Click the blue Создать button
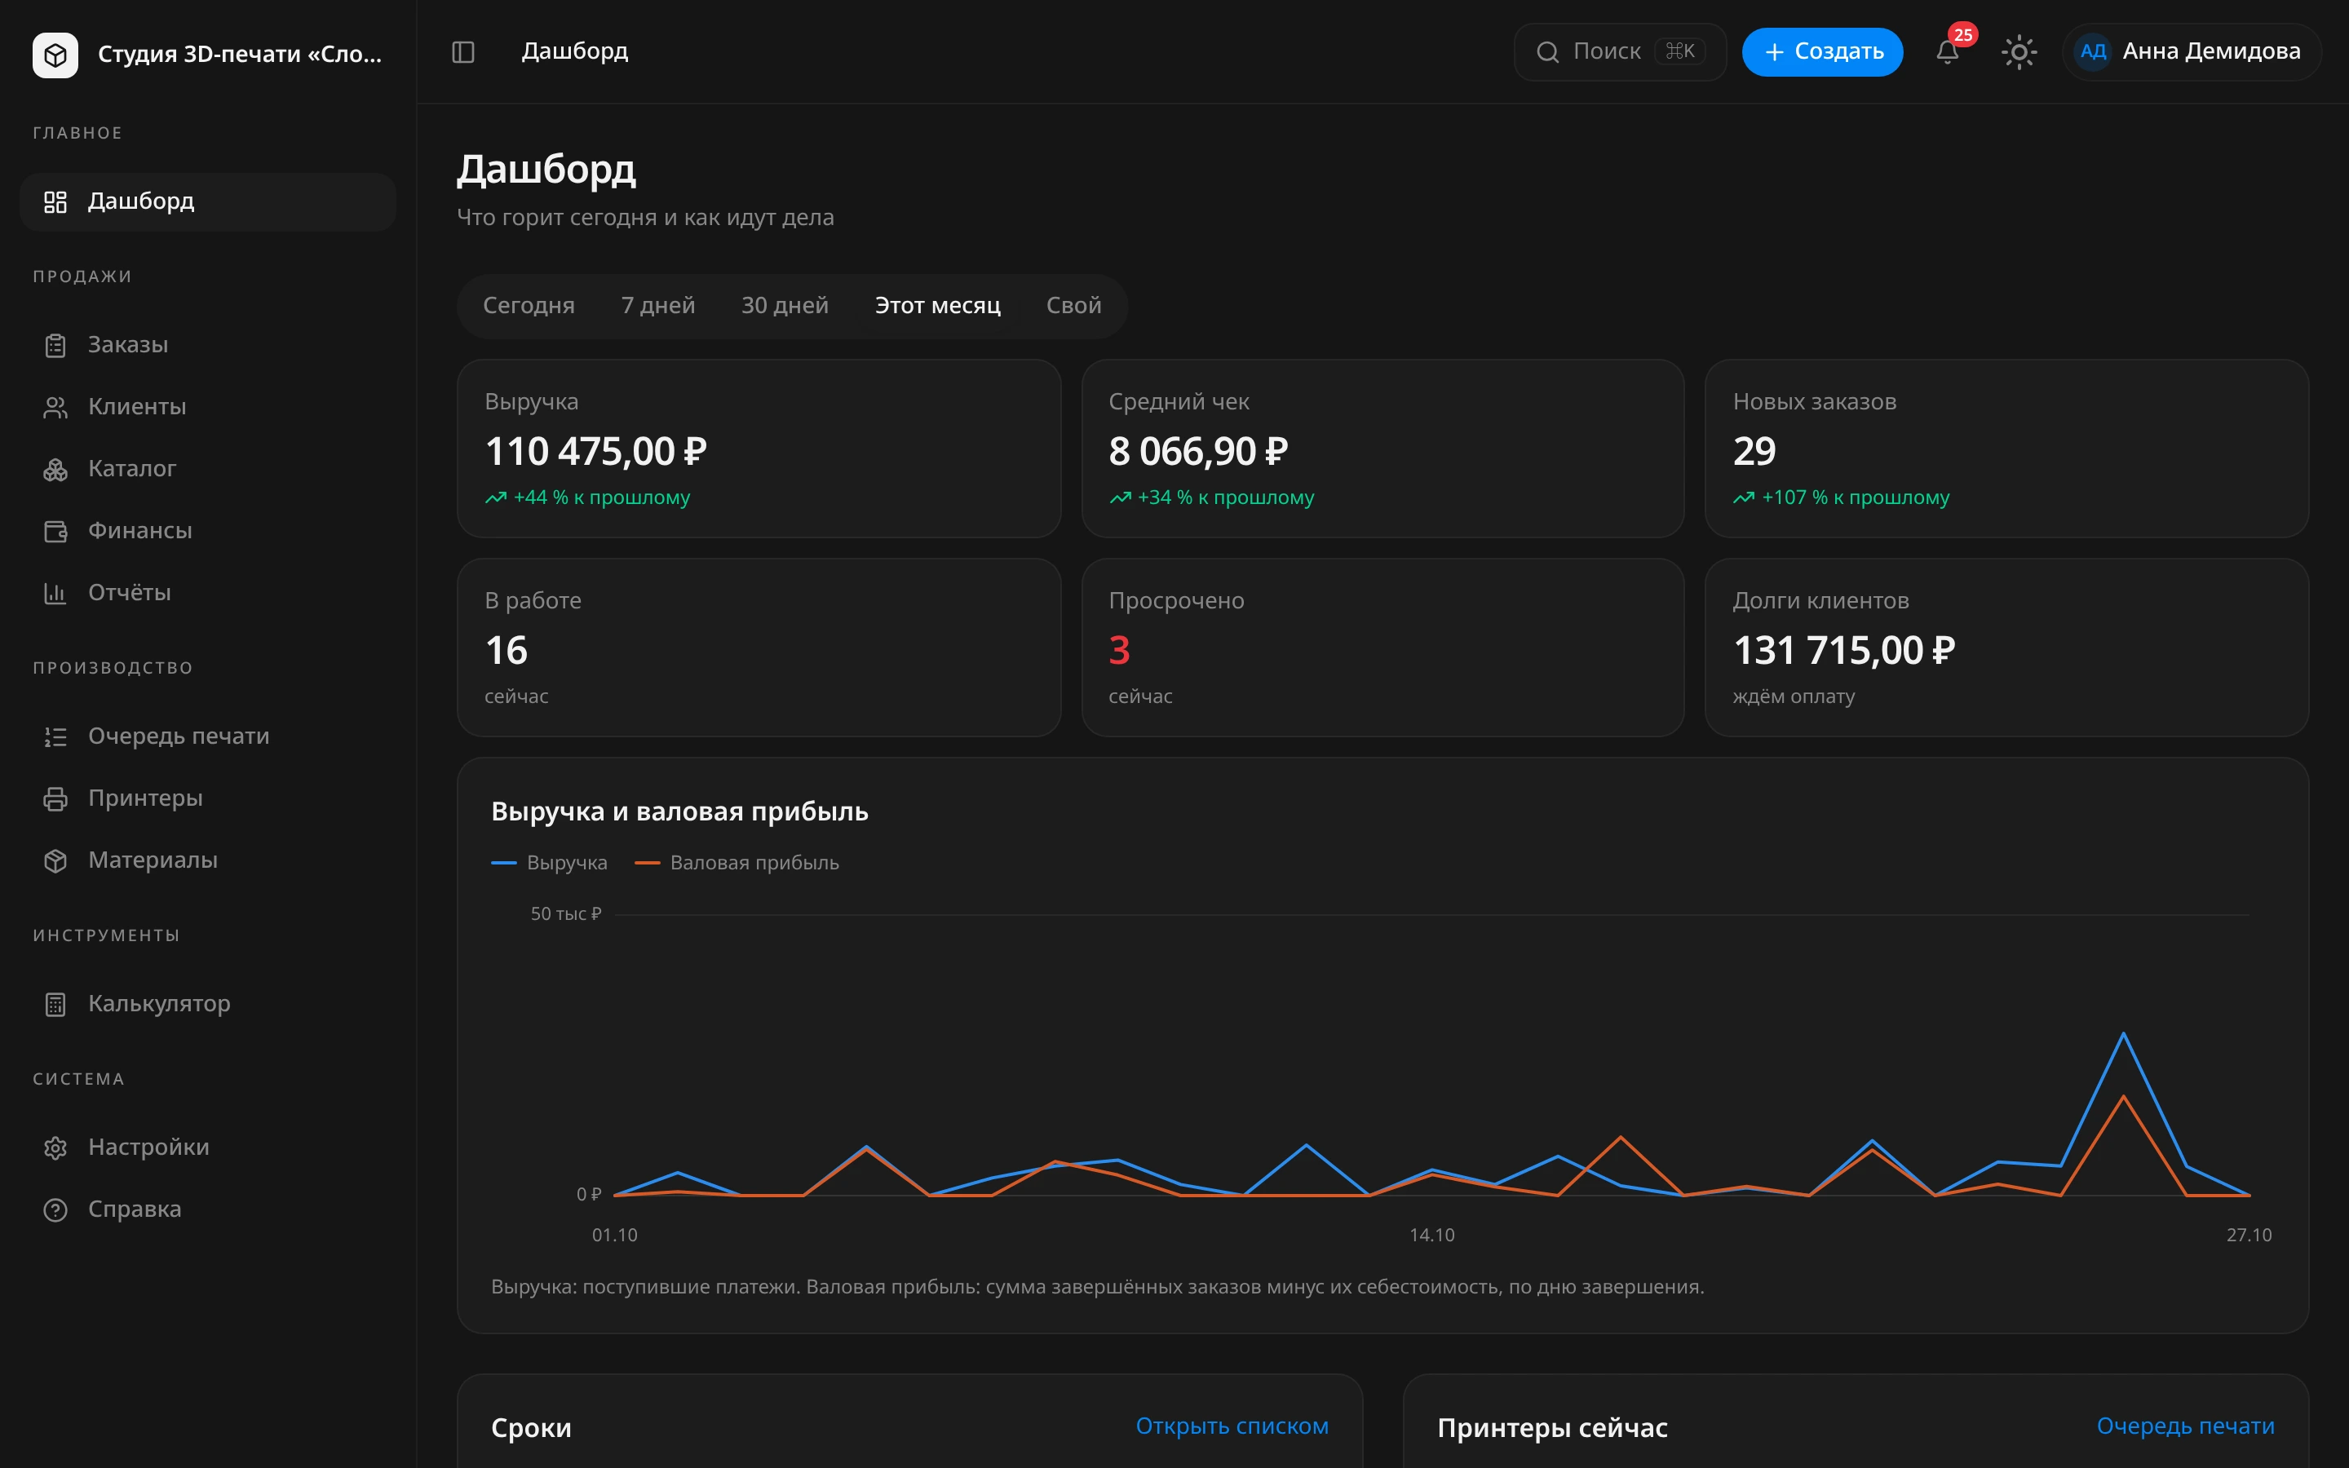[x=1822, y=51]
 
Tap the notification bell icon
[x=1947, y=51]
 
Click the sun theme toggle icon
[x=2019, y=51]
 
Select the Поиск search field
[x=1620, y=51]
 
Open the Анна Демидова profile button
[x=2191, y=51]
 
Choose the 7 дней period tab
[x=658, y=306]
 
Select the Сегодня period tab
[x=529, y=306]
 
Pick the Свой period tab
[x=1073, y=306]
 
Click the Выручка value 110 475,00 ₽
[x=596, y=452]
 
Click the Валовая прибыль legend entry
[x=737, y=863]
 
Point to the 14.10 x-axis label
[x=1431, y=1235]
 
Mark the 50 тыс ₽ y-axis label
[x=566, y=913]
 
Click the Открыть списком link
[x=1232, y=1426]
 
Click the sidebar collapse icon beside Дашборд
[x=463, y=51]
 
